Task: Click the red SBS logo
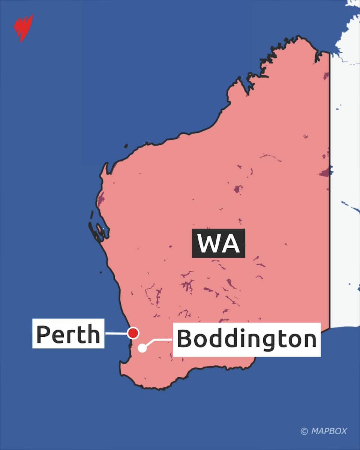click(23, 27)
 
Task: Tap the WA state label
click(218, 243)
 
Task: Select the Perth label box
click(68, 333)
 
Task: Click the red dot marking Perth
click(133, 333)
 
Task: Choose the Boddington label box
click(246, 339)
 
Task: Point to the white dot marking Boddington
click(142, 348)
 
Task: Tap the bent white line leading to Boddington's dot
click(157, 340)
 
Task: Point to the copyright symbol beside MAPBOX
click(304, 431)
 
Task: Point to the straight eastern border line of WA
click(330, 187)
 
